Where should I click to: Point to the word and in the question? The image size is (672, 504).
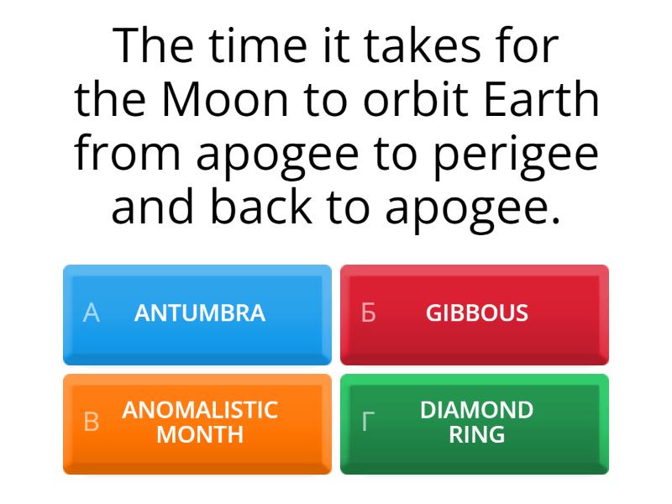155,208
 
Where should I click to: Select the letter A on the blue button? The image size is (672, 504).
92,313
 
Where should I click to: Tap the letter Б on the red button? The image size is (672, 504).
368,313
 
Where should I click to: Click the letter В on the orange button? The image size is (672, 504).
92,423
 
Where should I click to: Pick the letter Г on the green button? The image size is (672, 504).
368,423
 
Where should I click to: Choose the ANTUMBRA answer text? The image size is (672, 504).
200,313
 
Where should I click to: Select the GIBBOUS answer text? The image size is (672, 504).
477,313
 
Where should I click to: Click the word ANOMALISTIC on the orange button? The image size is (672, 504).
200,410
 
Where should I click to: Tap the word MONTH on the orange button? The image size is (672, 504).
200,435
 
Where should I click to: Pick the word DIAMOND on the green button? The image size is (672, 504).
477,410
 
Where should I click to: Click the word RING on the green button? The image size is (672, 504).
477,435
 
